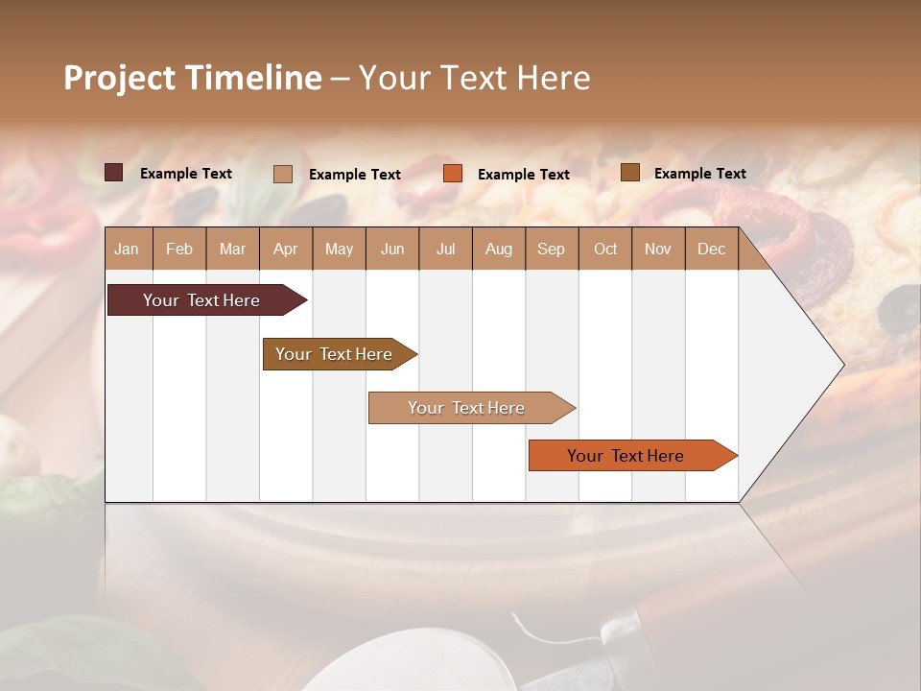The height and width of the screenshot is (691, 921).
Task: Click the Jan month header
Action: (x=128, y=249)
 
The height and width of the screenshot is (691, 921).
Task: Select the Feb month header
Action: (x=179, y=249)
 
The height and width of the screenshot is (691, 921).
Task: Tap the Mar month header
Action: (x=232, y=249)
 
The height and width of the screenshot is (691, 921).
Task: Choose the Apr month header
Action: (x=286, y=249)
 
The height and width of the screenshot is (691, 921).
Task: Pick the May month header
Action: (x=339, y=249)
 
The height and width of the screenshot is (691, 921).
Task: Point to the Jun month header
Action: (x=392, y=249)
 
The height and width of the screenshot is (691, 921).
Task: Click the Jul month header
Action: (x=445, y=249)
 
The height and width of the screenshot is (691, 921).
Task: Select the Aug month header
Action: (x=499, y=249)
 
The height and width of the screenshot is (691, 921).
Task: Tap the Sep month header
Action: (x=552, y=249)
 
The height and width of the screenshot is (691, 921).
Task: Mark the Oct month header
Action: (x=605, y=249)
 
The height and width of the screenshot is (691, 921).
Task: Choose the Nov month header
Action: (x=658, y=249)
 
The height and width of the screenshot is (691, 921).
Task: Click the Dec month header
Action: (x=712, y=249)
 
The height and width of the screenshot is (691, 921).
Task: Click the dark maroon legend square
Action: (x=114, y=173)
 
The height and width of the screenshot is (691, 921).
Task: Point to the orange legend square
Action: (x=453, y=174)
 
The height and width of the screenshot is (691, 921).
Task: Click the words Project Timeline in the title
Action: (x=193, y=78)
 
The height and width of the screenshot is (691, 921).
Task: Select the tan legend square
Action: (x=283, y=174)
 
